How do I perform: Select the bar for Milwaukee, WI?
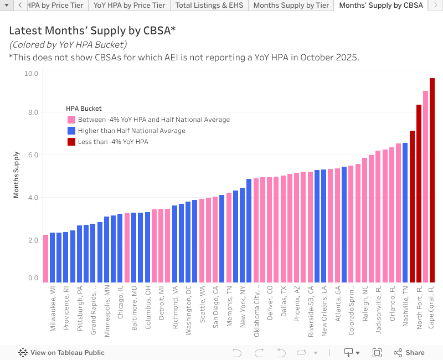[53, 257]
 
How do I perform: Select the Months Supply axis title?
[17, 174]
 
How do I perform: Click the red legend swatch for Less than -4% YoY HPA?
[71, 142]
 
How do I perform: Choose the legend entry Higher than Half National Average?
[131, 131]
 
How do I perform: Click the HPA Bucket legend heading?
[84, 109]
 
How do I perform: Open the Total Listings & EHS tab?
[209, 6]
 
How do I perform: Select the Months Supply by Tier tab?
[291, 6]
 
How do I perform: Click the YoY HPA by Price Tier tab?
[129, 6]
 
